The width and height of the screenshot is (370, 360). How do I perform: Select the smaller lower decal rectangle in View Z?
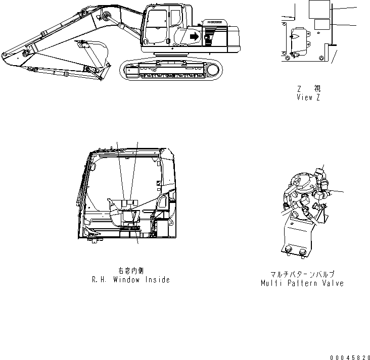[x=321, y=24]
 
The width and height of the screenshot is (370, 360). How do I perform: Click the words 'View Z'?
[x=308, y=97]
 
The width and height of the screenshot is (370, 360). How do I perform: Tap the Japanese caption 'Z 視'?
[x=308, y=88]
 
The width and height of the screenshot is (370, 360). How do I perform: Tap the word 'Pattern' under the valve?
[x=302, y=283]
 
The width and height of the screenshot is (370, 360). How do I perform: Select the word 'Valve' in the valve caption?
[x=333, y=283]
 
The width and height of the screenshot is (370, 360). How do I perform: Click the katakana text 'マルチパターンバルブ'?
[x=302, y=275]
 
